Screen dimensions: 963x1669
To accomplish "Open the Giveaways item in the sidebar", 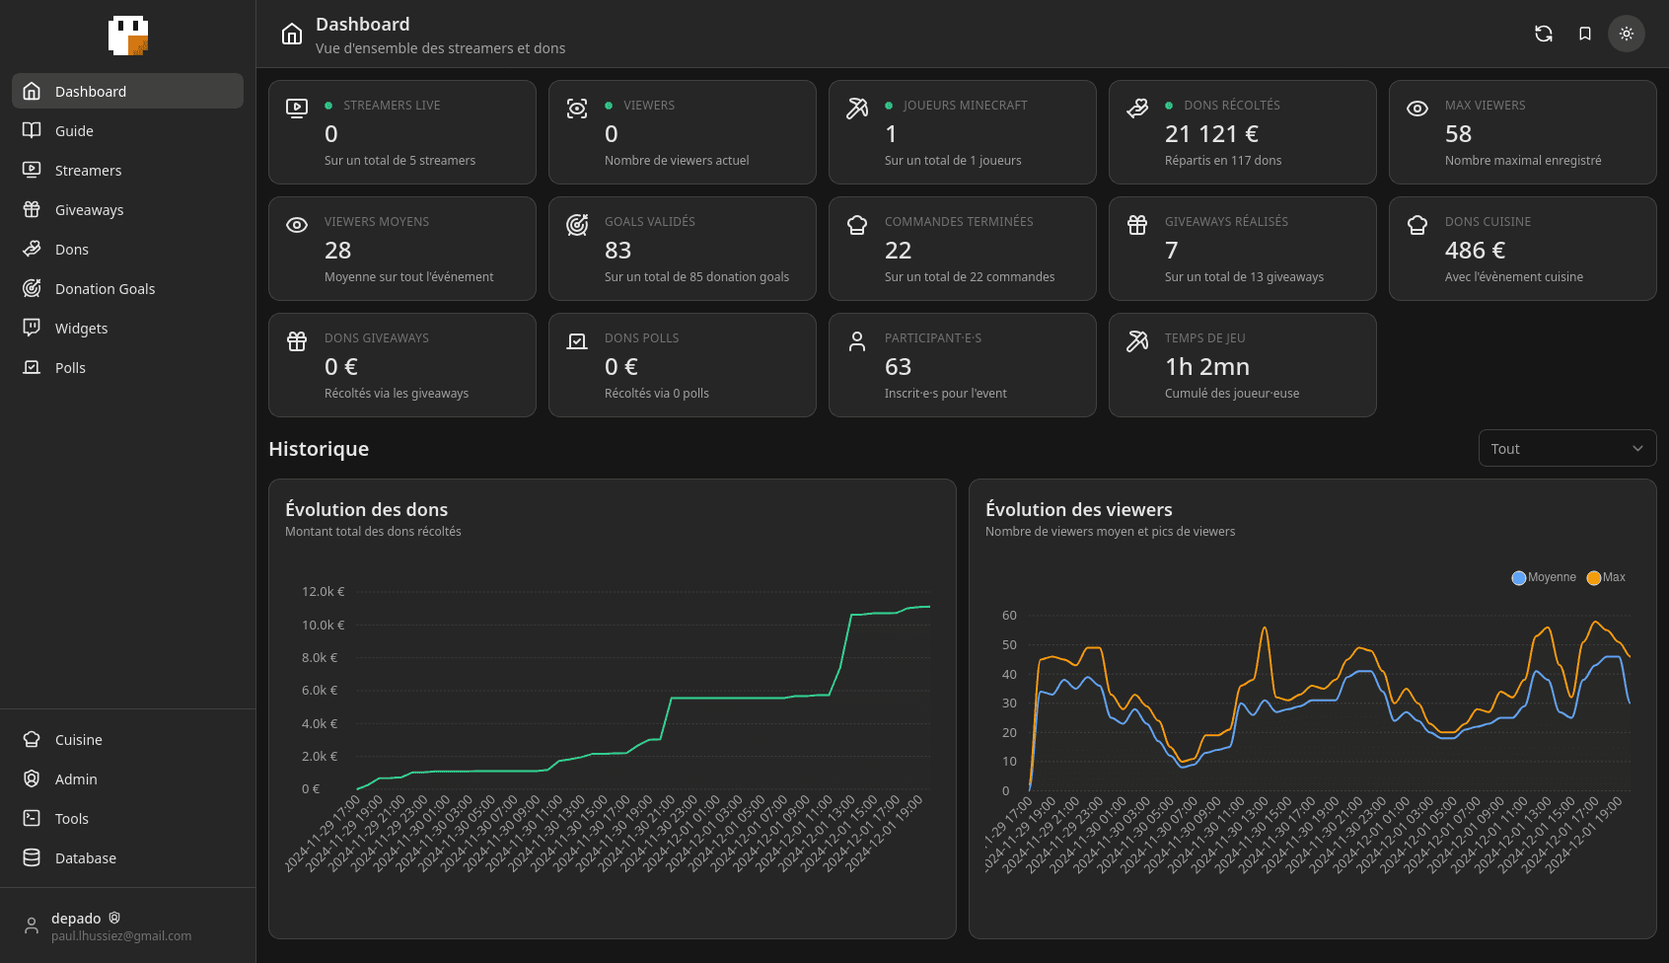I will coord(89,210).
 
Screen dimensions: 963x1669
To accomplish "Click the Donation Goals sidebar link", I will coord(105,289).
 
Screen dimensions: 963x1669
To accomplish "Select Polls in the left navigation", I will coord(70,368).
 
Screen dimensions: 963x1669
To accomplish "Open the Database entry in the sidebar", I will coord(85,858).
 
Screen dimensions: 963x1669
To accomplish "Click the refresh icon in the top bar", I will coord(1544,34).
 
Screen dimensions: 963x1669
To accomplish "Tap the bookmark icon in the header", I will coord(1585,34).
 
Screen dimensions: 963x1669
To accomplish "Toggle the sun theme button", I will coord(1627,34).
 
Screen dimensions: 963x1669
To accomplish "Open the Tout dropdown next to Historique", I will coord(1566,449).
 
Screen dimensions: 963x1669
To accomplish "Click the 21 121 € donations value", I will coord(1211,134).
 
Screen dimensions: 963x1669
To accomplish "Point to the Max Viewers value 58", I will coord(1458,134).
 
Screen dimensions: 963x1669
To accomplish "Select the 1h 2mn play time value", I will coord(1206,367).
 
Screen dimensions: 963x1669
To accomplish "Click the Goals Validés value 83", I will coord(617,251).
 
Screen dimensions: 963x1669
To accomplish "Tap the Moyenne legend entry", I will coord(1545,577).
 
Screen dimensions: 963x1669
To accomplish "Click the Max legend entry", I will coord(1607,577).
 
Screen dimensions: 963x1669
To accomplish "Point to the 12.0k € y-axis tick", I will coord(323,592).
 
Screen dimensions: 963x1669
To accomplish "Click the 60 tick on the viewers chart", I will coord(1009,616).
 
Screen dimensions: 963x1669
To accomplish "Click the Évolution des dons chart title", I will coord(366,510).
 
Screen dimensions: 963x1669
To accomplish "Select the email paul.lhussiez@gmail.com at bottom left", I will coord(121,936).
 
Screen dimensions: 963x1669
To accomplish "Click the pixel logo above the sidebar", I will coord(128,36).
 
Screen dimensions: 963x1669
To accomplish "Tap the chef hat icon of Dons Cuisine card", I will coord(1417,225).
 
